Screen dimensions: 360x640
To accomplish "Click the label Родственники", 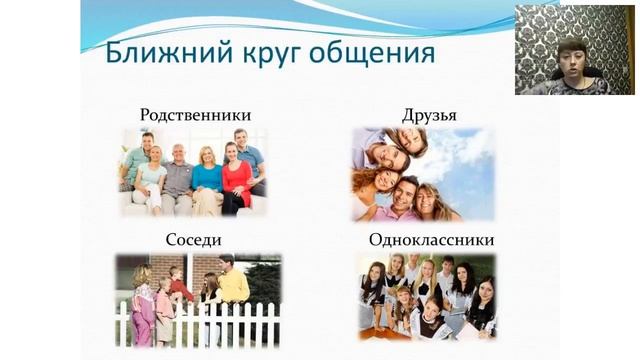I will [x=195, y=115].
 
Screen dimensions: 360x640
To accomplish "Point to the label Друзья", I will [x=429, y=115].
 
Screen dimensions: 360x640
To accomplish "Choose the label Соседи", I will [x=193, y=240].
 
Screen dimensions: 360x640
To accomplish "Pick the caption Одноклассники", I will [x=431, y=240].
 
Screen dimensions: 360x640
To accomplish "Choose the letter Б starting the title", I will [x=115, y=52].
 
